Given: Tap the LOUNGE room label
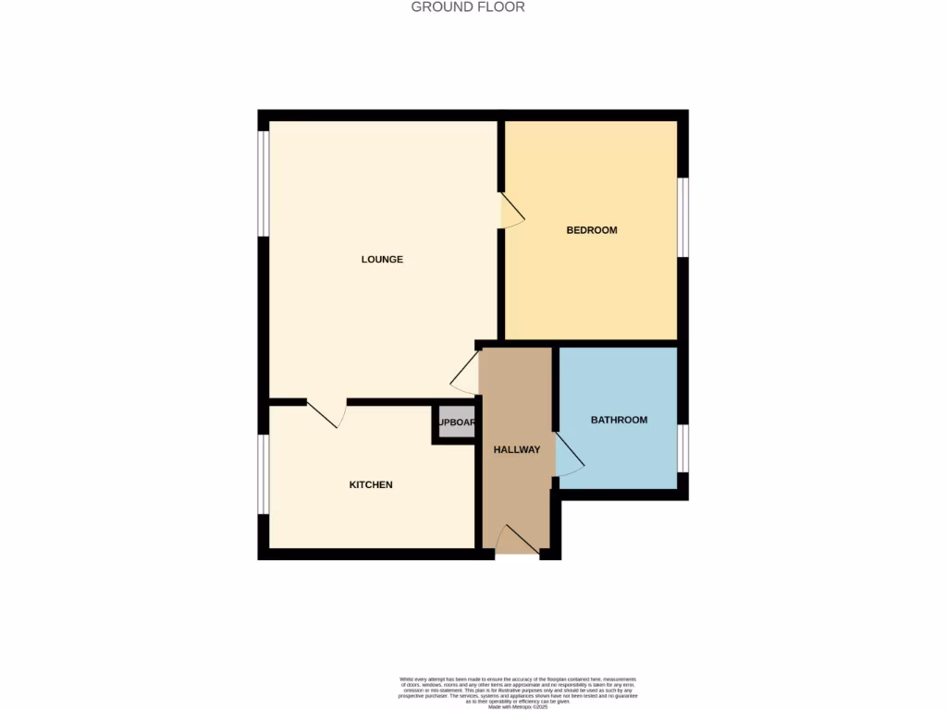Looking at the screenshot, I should tap(382, 260).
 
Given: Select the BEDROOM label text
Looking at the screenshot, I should tap(592, 230).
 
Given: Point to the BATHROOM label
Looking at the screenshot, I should tap(619, 420).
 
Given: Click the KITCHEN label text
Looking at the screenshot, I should tap(371, 484).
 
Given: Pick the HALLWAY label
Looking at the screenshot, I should tap(517, 449).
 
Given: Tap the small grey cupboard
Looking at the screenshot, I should tap(456, 423).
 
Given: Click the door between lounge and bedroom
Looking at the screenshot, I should tap(511, 212).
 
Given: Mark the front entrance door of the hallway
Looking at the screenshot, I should tap(517, 541).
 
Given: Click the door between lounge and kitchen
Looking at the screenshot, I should tap(325, 412).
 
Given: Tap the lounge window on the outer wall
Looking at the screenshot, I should tap(263, 183).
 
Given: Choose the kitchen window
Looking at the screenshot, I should tap(263, 473).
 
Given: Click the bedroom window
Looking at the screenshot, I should tap(683, 216).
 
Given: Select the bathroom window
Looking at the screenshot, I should tap(683, 448).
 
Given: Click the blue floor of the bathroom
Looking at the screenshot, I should tap(620, 458).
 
